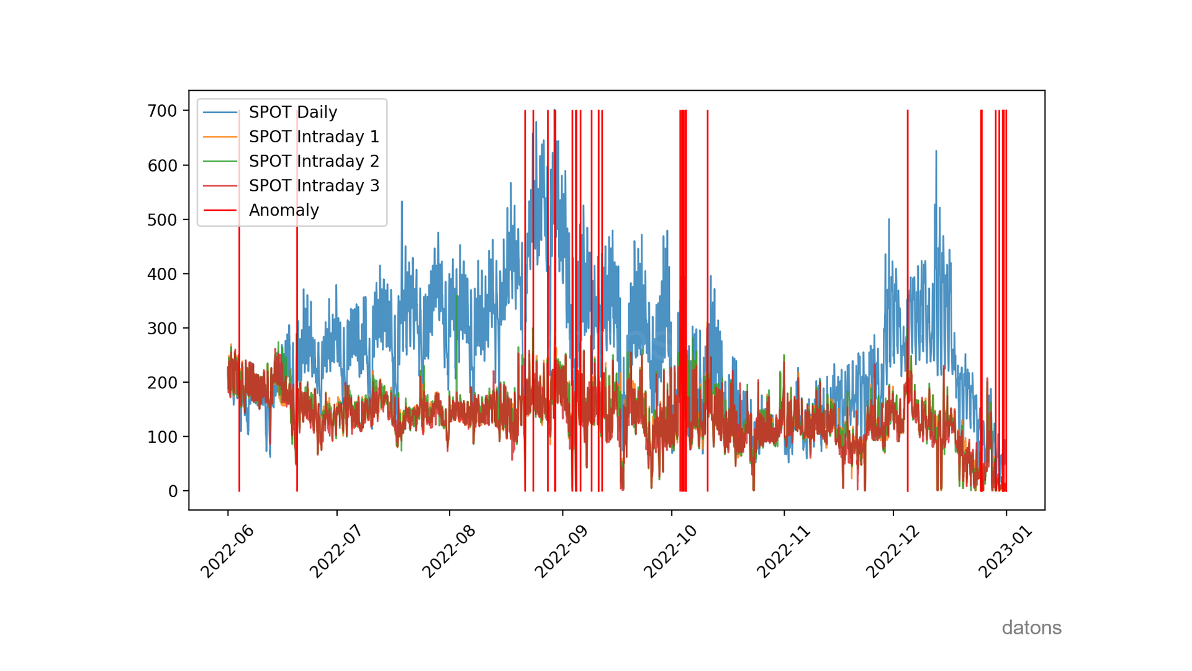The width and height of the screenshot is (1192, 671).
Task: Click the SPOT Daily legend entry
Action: (292, 112)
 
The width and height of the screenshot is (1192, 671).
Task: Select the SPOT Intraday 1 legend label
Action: (314, 137)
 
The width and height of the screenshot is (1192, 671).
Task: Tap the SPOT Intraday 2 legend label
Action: (314, 162)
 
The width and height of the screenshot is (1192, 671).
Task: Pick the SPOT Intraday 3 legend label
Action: (314, 186)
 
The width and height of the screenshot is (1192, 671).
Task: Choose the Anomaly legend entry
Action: (284, 211)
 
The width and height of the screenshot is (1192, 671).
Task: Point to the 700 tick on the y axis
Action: (162, 111)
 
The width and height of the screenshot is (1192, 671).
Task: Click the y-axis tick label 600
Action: (162, 166)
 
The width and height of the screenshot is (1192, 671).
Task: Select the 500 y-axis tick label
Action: (162, 220)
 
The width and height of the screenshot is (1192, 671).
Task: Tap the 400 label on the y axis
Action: (162, 274)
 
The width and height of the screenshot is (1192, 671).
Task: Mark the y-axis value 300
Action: (162, 329)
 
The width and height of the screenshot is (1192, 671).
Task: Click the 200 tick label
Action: (162, 383)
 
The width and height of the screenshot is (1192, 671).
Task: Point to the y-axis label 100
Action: (162, 437)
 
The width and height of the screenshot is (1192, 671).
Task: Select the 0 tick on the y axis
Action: (173, 491)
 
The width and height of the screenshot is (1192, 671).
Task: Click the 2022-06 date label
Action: (227, 551)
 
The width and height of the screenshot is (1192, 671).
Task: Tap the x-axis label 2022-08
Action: (449, 551)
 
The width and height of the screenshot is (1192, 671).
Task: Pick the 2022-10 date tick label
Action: (670, 551)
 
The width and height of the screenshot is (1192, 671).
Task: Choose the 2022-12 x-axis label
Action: (893, 551)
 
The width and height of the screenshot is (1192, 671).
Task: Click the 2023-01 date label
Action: (1006, 551)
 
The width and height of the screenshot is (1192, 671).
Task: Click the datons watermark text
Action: (1031, 628)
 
